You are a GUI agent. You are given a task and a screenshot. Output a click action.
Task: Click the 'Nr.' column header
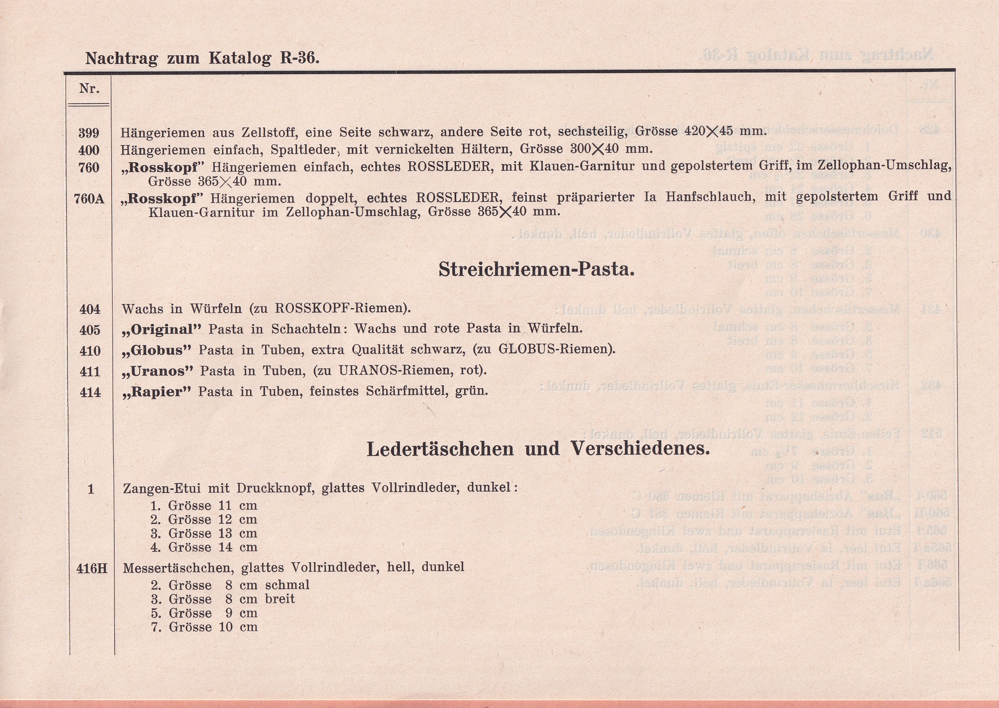(89, 89)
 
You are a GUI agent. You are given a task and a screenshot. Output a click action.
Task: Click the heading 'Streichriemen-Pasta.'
(536, 269)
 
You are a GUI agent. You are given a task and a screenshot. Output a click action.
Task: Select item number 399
(89, 133)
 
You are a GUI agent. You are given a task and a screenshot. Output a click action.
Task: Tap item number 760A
(89, 199)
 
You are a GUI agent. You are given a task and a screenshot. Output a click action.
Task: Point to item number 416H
(91, 568)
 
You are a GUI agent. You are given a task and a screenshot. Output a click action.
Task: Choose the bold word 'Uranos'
(162, 371)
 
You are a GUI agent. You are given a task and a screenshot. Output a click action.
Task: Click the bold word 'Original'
(166, 329)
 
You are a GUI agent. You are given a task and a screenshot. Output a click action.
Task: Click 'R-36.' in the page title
(300, 58)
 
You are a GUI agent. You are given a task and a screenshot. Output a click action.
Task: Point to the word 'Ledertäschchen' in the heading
(439, 449)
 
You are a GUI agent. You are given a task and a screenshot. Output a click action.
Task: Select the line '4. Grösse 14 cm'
(204, 547)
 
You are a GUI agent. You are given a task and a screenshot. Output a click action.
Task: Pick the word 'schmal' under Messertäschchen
(288, 585)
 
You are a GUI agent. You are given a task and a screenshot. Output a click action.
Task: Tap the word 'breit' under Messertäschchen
(280, 599)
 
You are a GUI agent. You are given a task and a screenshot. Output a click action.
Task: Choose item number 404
(90, 309)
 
